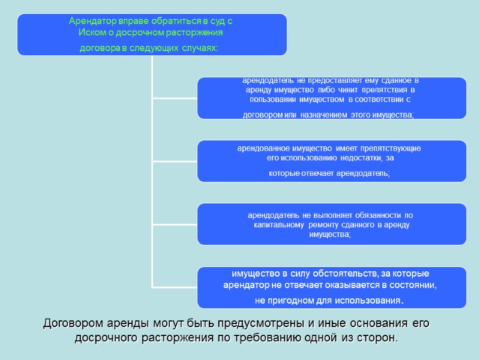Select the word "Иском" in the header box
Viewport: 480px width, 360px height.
click(x=91, y=32)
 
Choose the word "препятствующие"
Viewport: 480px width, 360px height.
click(x=392, y=148)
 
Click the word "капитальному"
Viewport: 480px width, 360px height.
click(x=280, y=224)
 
